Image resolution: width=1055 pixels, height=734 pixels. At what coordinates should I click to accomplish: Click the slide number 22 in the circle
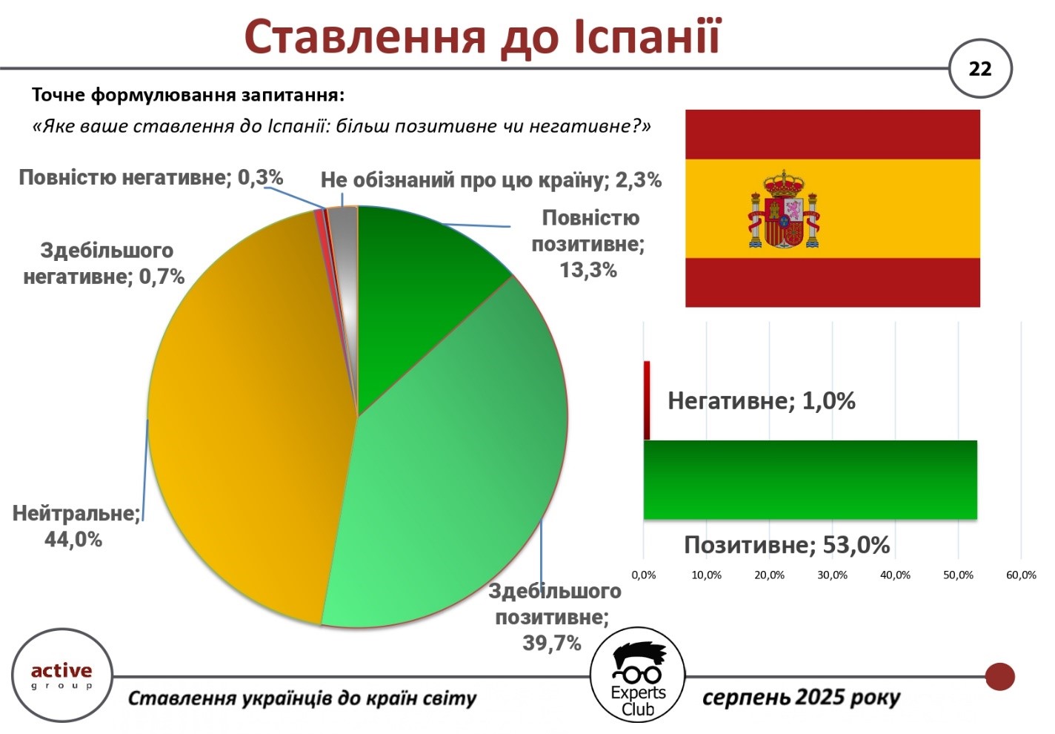(x=979, y=69)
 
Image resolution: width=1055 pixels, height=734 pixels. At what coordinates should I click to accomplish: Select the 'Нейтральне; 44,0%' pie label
(x=76, y=526)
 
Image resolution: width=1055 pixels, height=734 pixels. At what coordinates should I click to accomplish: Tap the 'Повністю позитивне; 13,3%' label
(x=588, y=244)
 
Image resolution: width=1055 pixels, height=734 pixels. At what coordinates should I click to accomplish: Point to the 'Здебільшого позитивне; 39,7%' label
(x=554, y=617)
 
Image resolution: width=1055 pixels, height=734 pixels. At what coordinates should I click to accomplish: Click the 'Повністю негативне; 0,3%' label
(x=150, y=178)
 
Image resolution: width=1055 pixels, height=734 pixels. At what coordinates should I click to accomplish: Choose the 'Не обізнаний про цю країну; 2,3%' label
(x=491, y=180)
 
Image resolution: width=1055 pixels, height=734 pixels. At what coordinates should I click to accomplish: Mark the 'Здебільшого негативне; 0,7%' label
(x=104, y=263)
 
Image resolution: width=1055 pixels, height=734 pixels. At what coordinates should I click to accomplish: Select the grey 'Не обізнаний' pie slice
(x=346, y=264)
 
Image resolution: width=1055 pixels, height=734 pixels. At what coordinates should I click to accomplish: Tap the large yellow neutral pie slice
(x=245, y=415)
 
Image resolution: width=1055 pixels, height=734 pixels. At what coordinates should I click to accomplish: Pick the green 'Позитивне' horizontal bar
(x=810, y=480)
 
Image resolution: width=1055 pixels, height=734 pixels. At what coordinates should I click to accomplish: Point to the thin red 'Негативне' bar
(x=647, y=400)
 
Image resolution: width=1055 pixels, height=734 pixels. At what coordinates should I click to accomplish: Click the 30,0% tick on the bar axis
(x=832, y=575)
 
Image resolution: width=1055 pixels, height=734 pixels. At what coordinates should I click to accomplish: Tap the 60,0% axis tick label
(x=1021, y=575)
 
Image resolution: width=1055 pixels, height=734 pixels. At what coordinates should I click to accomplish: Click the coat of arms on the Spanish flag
(x=784, y=209)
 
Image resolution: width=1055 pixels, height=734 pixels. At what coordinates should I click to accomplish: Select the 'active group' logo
(x=62, y=675)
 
